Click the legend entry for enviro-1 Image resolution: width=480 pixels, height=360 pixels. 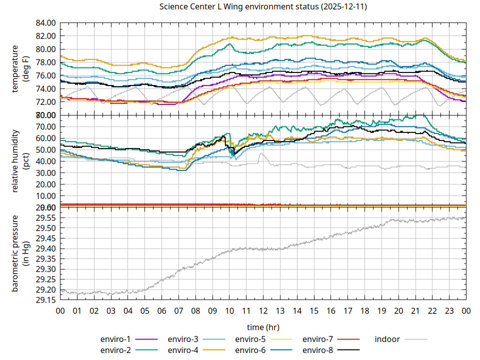(115, 339)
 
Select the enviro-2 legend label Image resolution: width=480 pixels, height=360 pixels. (115, 349)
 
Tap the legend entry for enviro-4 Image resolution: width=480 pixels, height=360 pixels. (183, 349)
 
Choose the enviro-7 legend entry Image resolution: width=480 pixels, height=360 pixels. (318, 339)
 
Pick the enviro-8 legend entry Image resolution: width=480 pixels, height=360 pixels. (318, 349)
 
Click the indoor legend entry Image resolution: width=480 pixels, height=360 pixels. (387, 339)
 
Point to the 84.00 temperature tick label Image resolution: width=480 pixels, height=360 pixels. (45, 23)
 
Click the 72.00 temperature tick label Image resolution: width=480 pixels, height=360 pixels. (45, 101)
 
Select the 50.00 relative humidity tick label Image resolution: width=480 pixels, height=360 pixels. (45, 149)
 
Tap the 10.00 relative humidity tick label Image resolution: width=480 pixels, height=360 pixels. (45, 195)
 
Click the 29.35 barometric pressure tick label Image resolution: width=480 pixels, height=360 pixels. (45, 258)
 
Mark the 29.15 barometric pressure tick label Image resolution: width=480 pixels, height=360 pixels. (45, 300)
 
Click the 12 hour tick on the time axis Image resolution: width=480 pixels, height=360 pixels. (263, 310)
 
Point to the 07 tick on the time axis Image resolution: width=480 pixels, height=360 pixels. (178, 310)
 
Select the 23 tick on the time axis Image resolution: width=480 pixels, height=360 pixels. (449, 310)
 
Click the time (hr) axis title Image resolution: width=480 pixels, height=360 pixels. (263, 326)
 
